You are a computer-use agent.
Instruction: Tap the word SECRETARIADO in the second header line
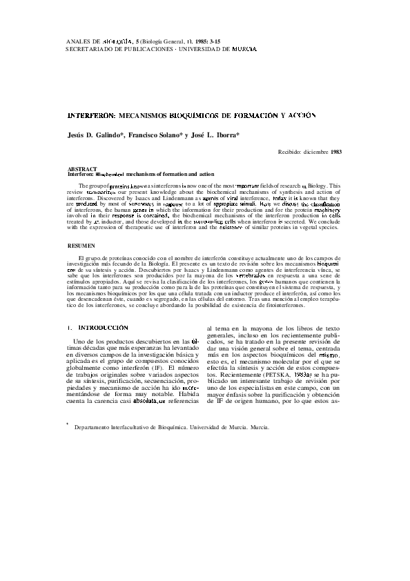(x=92, y=50)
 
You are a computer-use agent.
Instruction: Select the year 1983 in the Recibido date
(x=336, y=151)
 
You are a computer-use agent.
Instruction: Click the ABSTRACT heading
(x=82, y=169)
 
